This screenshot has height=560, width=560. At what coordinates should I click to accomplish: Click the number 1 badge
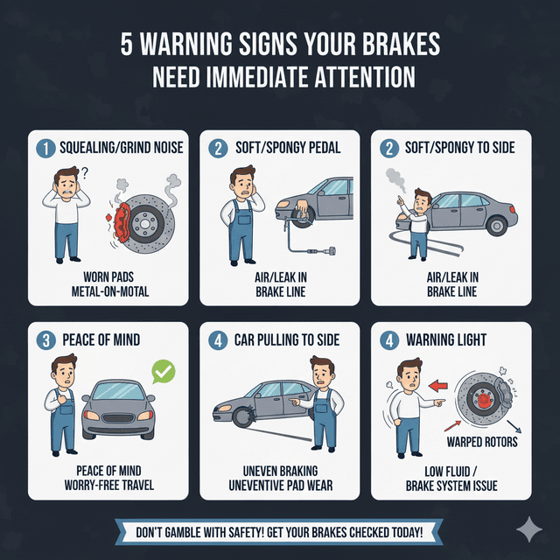click(x=43, y=148)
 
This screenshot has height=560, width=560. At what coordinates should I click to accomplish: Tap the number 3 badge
click(x=43, y=339)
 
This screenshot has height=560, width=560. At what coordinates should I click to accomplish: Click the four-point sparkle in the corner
click(x=528, y=528)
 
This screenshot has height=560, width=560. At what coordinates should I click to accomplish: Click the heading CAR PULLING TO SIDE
click(x=288, y=339)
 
